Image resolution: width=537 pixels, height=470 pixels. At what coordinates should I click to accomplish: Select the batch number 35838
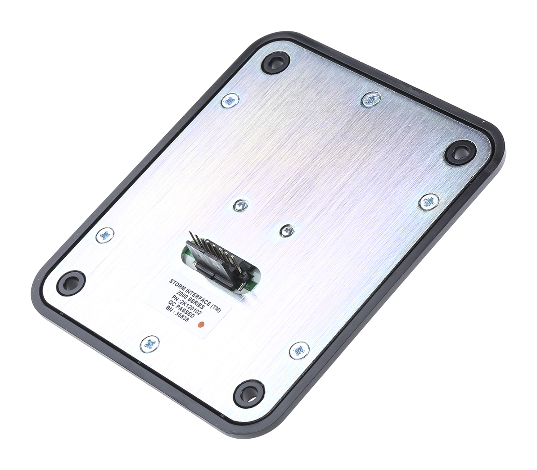[182, 316]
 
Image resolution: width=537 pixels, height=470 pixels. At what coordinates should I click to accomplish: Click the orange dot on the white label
[201, 325]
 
